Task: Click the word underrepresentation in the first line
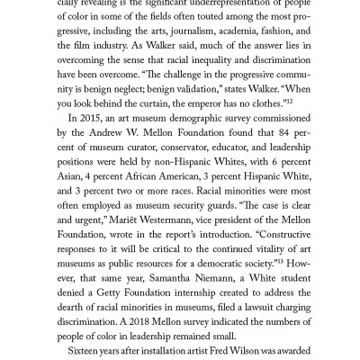[x=226, y=8]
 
